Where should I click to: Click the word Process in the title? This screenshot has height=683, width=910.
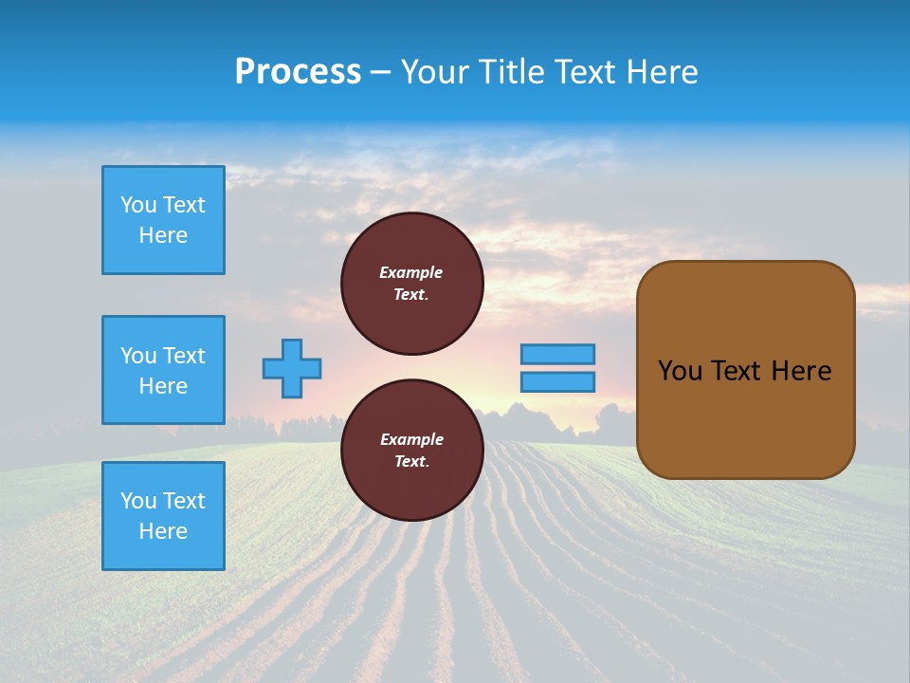click(298, 72)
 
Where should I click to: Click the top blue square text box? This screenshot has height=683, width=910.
click(163, 220)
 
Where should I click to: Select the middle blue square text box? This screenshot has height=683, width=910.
click(163, 370)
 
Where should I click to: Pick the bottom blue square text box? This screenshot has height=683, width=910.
click(163, 516)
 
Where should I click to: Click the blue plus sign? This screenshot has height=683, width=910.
click(292, 368)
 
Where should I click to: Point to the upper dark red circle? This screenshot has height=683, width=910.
click(412, 284)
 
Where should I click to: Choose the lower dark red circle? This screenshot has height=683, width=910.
click(412, 451)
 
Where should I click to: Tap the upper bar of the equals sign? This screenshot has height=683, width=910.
click(557, 354)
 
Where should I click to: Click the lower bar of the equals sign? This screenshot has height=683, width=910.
click(557, 381)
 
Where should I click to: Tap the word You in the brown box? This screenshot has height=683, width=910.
click(679, 371)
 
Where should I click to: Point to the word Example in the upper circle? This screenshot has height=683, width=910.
click(411, 272)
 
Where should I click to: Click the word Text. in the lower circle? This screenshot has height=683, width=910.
click(411, 462)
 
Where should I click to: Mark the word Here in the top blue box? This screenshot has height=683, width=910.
click(163, 235)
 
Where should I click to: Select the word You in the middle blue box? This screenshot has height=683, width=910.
click(137, 356)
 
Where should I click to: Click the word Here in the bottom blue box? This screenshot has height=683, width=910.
click(163, 531)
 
